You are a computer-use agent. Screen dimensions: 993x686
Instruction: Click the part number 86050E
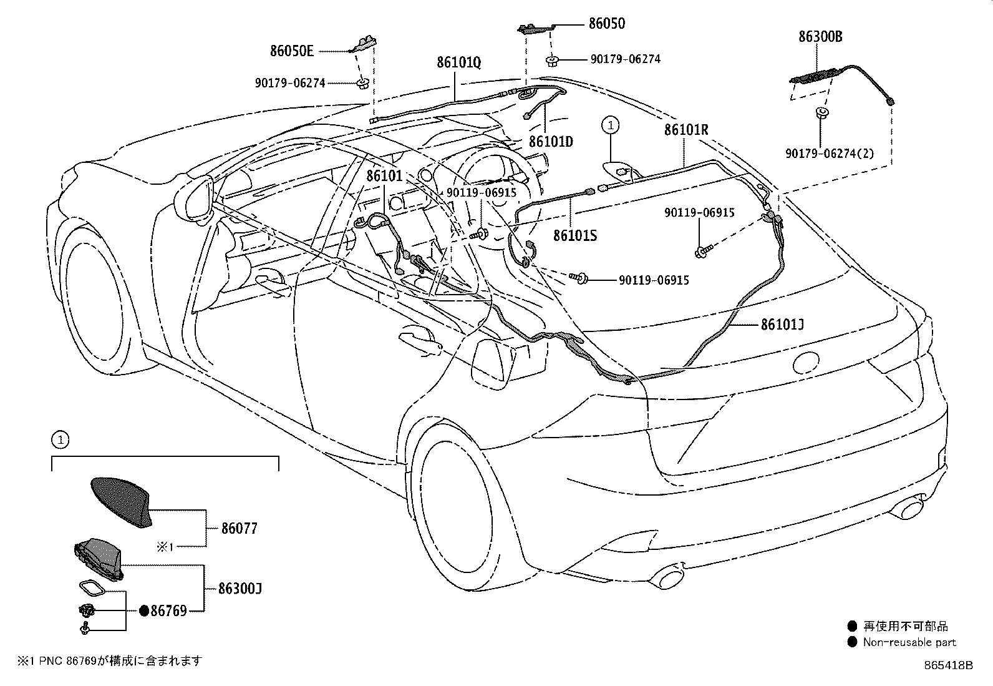point(292,51)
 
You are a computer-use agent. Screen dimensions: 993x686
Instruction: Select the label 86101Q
point(458,62)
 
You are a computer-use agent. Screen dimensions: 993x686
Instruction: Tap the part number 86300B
point(820,36)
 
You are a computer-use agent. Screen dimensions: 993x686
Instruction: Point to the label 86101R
point(685,130)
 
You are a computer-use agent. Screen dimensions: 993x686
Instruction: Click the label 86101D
point(551,142)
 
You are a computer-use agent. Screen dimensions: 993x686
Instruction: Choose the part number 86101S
point(575,235)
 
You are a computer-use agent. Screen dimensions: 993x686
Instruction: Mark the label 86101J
point(782,325)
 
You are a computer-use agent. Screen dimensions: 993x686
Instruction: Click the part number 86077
point(240,528)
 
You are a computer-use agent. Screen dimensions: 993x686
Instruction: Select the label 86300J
point(240,589)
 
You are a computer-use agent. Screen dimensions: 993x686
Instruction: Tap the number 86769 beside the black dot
point(168,611)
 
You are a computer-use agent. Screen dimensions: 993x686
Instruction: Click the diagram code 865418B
point(948,665)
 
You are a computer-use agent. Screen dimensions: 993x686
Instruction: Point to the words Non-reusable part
point(909,642)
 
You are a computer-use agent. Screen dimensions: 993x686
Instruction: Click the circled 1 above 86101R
point(611,125)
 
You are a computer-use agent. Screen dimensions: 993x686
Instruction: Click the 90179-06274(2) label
point(830,154)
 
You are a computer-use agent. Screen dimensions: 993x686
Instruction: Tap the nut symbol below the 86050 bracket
point(551,61)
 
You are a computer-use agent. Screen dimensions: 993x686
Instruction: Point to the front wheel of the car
point(95,300)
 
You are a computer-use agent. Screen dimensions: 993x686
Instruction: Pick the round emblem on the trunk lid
point(806,363)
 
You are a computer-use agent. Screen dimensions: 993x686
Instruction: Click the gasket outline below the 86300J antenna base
point(92,589)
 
